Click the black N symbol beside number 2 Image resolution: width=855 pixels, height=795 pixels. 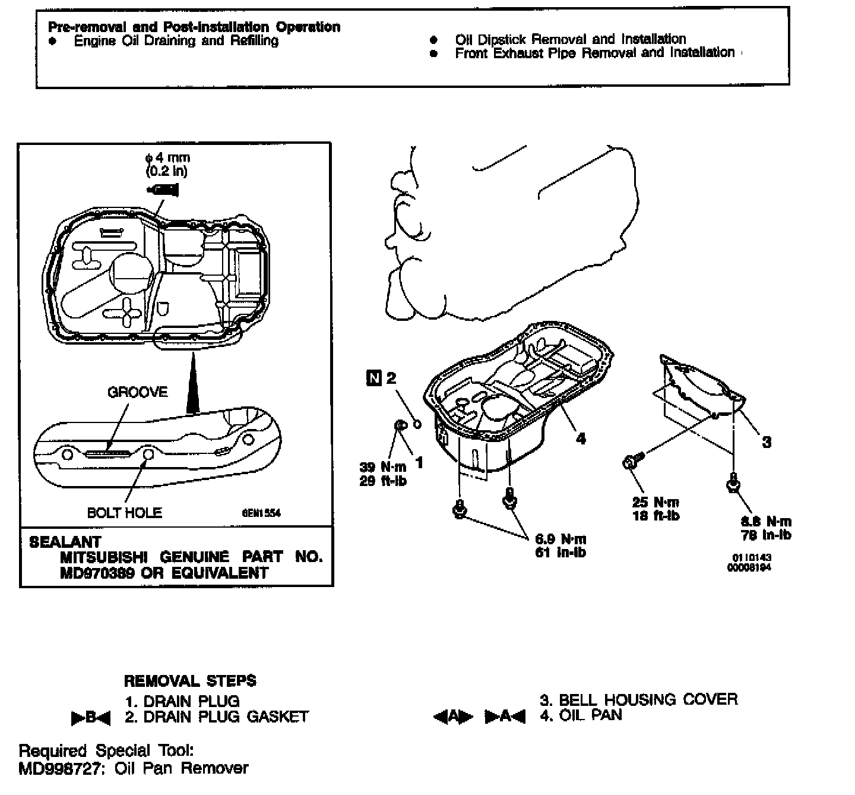pyautogui.click(x=373, y=377)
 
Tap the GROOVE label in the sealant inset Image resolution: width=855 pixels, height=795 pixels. pyautogui.click(x=137, y=392)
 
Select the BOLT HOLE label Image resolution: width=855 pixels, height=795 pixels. pyautogui.click(x=124, y=512)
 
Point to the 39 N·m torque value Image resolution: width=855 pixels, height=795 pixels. pyautogui.click(x=383, y=467)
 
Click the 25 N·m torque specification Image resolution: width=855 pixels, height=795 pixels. pyautogui.click(x=655, y=502)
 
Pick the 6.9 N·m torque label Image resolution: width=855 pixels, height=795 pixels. pyautogui.click(x=560, y=540)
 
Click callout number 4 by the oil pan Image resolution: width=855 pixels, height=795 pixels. pyautogui.click(x=581, y=438)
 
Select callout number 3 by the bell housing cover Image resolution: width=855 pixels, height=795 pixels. pyautogui.click(x=767, y=442)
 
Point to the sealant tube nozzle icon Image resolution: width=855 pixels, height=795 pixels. pyautogui.click(x=163, y=190)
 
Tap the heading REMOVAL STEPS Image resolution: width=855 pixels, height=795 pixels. pyautogui.click(x=190, y=681)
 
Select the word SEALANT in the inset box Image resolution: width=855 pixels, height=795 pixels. pyautogui.click(x=65, y=542)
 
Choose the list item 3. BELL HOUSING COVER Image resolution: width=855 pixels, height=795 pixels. pyautogui.click(x=639, y=699)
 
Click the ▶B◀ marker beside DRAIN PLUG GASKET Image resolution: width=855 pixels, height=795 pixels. pyautogui.click(x=90, y=718)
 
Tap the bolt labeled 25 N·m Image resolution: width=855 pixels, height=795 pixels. pyautogui.click(x=631, y=461)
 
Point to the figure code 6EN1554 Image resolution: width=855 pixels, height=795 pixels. pyautogui.click(x=261, y=513)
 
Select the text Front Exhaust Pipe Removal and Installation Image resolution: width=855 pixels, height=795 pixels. pyautogui.click(x=594, y=53)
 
